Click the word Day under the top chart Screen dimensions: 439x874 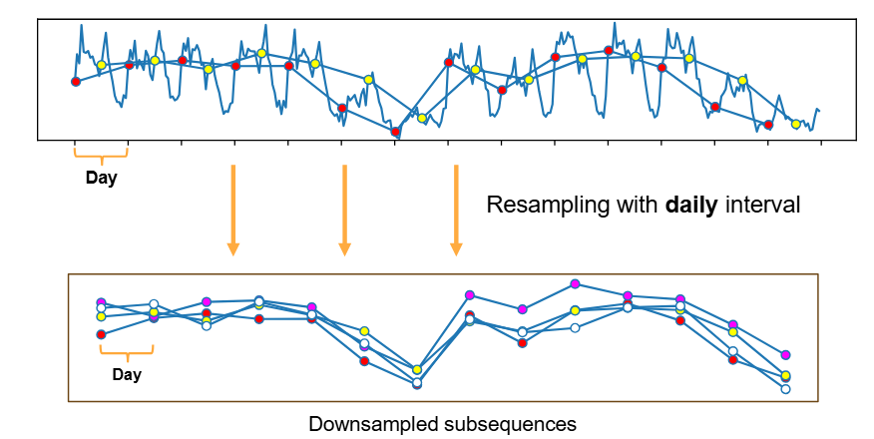coord(101,180)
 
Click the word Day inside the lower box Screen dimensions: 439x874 coord(127,375)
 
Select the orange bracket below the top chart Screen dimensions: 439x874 coord(101,154)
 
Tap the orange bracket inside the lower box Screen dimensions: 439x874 coord(127,350)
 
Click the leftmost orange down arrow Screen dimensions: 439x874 coord(232,209)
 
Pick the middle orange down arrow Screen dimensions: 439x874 coord(344,209)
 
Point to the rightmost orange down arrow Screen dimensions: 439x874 coord(456,209)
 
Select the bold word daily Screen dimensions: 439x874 coord(683,208)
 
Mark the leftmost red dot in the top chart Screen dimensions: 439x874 coord(76,82)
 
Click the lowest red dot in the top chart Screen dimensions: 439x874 coord(395,132)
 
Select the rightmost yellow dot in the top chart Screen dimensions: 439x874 coord(795,124)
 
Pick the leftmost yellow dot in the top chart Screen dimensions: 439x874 coord(101,65)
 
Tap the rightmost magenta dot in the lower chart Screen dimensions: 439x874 coord(785,354)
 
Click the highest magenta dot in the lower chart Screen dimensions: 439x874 coord(575,283)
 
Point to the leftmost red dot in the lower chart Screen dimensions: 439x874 coord(101,334)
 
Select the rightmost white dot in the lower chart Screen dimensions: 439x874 coord(785,389)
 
